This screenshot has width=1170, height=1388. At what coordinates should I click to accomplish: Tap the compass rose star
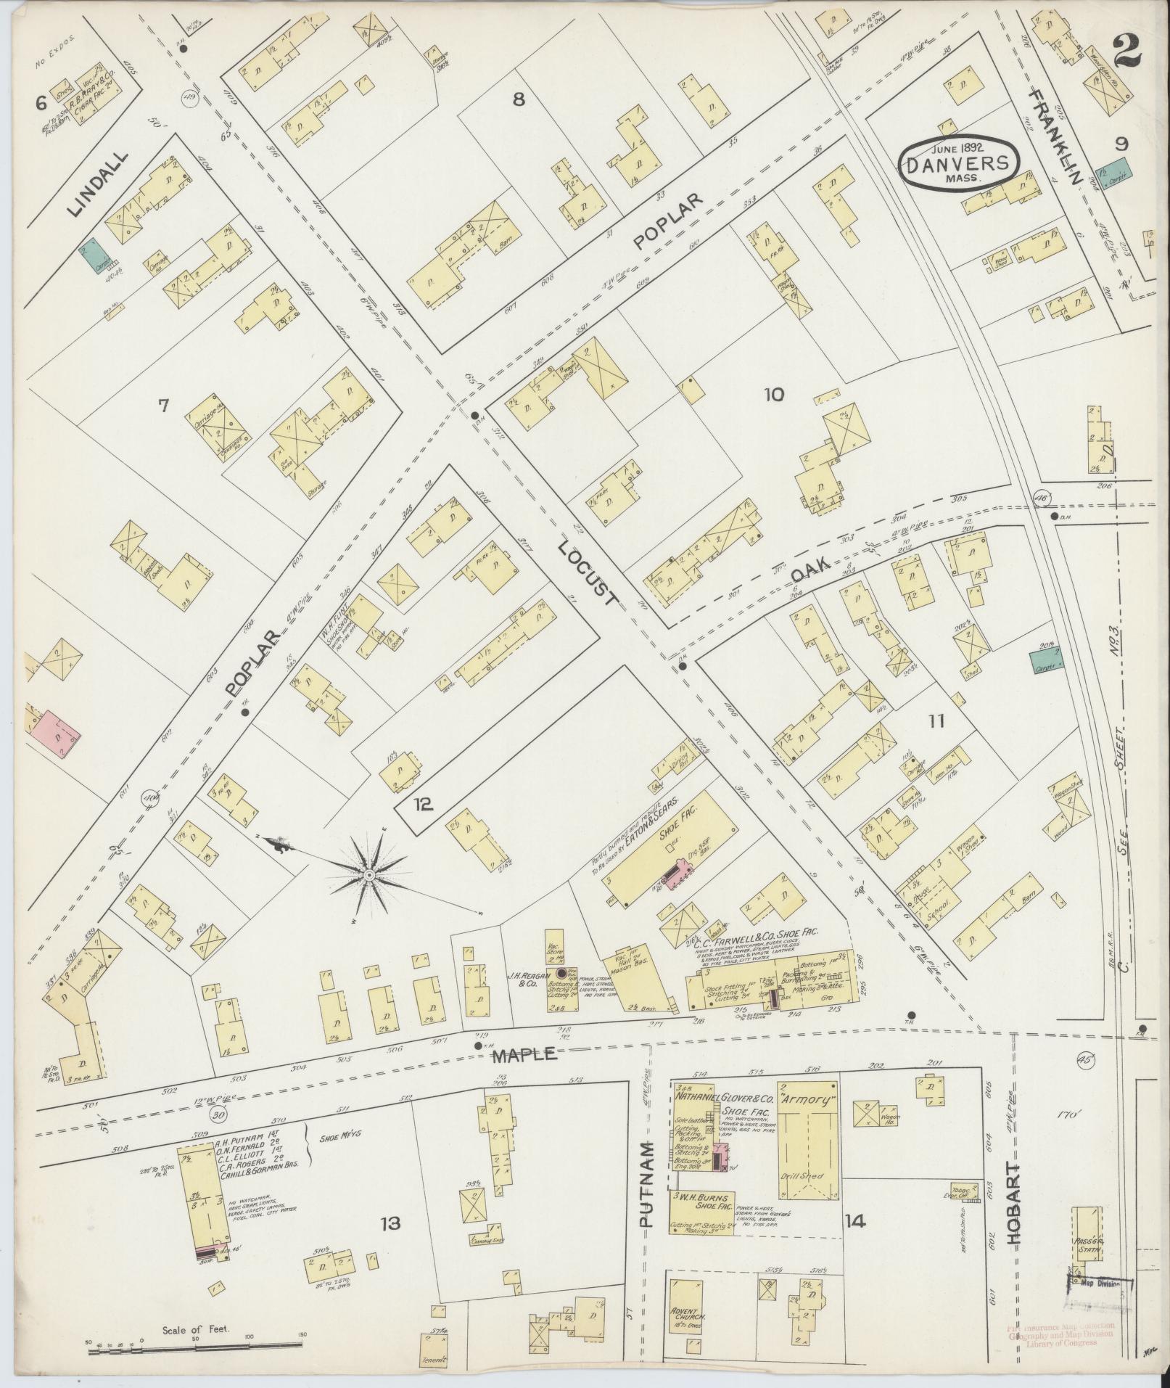369,876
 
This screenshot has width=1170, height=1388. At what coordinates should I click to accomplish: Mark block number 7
162,406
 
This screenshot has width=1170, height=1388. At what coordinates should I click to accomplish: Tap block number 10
773,395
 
